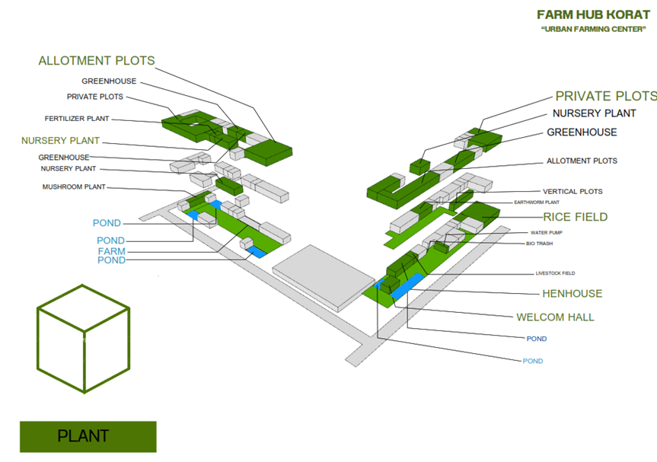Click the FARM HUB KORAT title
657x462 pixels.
[593, 14]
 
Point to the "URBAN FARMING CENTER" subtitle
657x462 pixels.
[593, 29]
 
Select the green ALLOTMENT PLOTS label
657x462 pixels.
[97, 61]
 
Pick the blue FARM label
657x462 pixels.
[111, 251]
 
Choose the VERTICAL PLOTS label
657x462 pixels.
[572, 192]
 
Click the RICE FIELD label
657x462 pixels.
[575, 217]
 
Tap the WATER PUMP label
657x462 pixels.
[547, 233]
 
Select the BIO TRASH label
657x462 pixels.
[539, 244]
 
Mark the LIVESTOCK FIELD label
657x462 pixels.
[556, 272]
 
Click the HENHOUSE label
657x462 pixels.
[572, 293]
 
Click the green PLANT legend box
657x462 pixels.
[88, 437]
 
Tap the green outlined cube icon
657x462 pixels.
[83, 338]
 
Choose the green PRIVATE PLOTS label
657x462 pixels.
[605, 96]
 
